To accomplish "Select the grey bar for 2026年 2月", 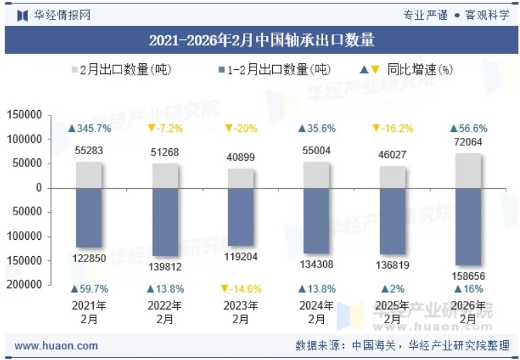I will pyautogui.click(x=468, y=170).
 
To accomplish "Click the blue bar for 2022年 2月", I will pyautogui.click(x=165, y=221).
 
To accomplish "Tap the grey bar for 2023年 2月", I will pyautogui.click(x=241, y=178).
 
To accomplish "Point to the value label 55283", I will pyautogui.click(x=89, y=149).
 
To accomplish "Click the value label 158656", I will pyautogui.click(x=468, y=276).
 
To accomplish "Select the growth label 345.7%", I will pyautogui.click(x=89, y=128).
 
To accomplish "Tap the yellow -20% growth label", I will pyautogui.click(x=241, y=128).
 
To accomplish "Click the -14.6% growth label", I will pyautogui.click(x=241, y=289).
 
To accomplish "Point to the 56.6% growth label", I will pyautogui.click(x=468, y=128).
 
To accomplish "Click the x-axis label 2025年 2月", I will pyautogui.click(x=392, y=312).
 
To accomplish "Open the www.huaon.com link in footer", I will pyautogui.click(x=56, y=346).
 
